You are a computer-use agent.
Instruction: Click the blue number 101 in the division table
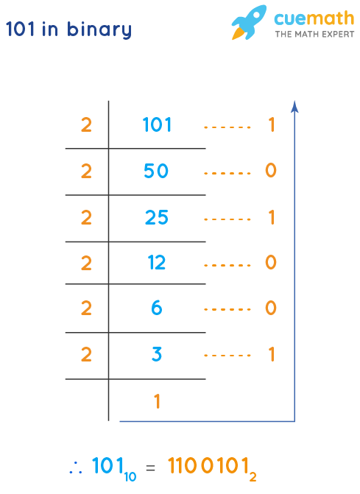tap(157, 125)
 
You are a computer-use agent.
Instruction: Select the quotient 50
tap(157, 171)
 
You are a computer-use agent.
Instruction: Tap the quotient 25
tap(157, 217)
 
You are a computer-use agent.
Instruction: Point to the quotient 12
tap(157, 263)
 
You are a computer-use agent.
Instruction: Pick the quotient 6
tap(157, 308)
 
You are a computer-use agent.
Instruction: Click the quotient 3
tap(157, 355)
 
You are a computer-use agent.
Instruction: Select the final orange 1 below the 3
tap(157, 401)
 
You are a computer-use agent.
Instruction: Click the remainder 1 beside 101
tap(271, 125)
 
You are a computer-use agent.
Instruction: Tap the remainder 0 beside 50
tap(271, 171)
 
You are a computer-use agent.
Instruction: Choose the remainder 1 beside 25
tap(271, 217)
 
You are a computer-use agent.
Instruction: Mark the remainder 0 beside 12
tap(271, 263)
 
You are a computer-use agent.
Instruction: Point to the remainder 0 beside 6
tap(271, 308)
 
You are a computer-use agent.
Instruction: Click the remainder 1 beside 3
tap(271, 355)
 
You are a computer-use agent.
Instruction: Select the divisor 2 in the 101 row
tap(86, 125)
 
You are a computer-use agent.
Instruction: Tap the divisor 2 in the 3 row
tap(86, 355)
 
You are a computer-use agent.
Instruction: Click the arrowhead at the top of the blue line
tap(294, 106)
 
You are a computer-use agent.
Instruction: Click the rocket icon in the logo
tap(248, 22)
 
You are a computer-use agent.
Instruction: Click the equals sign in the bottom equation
tap(150, 467)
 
